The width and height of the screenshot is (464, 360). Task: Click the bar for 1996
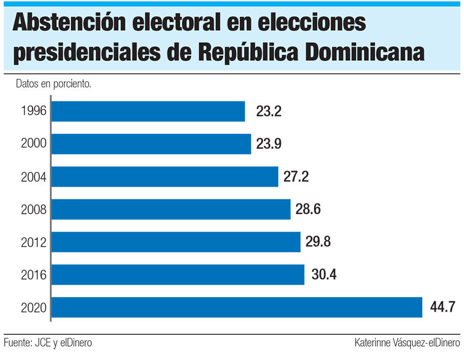[x=148, y=111]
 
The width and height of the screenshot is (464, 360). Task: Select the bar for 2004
[x=165, y=177]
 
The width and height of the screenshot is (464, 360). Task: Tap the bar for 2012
[x=176, y=242]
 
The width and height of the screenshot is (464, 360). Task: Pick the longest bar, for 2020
[x=237, y=307]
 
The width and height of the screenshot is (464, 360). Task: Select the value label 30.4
[x=324, y=275]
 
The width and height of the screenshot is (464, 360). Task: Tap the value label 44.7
[x=442, y=307]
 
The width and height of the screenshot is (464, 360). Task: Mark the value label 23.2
[x=269, y=111]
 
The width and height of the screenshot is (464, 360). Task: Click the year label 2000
[x=34, y=144]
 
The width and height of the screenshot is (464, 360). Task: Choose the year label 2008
[x=34, y=210]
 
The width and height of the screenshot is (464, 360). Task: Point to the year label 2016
[x=34, y=275]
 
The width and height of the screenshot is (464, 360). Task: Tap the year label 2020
[x=34, y=308]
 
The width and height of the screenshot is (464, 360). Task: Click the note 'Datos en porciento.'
[x=54, y=84]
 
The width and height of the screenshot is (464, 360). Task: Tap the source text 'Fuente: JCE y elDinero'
[x=44, y=342]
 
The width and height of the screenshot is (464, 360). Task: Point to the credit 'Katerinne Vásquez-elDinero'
[x=407, y=342]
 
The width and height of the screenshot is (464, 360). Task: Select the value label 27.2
[x=296, y=177]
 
